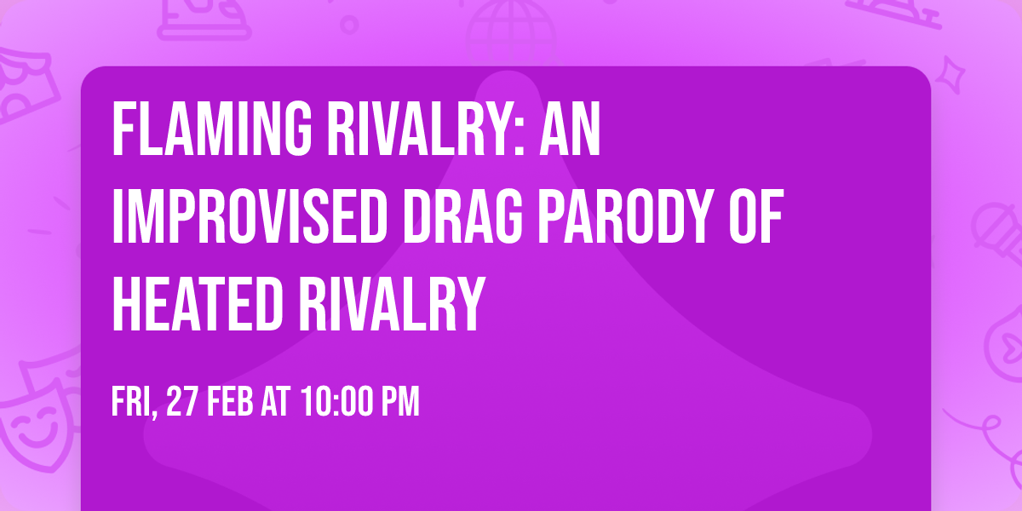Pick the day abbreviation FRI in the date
point(132,402)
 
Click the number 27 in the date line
point(182,402)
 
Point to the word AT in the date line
point(276,402)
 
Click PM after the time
point(400,402)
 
